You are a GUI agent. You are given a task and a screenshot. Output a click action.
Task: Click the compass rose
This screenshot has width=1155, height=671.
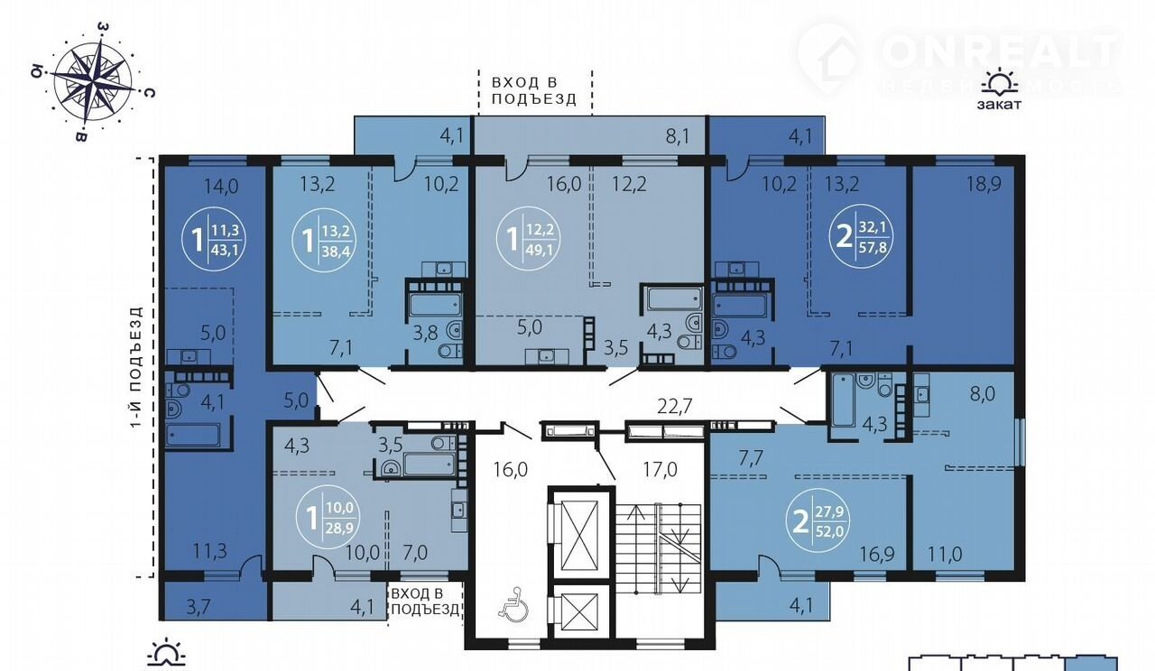point(93,82)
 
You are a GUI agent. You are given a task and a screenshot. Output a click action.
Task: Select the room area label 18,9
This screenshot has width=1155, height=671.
point(984,184)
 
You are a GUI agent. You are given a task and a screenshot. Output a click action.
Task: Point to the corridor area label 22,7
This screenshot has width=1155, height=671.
point(674,406)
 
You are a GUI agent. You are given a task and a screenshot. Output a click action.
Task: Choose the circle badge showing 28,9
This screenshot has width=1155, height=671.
point(328,517)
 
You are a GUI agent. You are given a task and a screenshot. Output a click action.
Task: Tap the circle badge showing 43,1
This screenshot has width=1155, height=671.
point(214,239)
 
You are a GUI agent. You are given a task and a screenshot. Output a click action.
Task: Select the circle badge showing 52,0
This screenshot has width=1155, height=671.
point(818,522)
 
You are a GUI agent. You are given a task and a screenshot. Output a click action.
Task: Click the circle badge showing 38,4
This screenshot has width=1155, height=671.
point(324,240)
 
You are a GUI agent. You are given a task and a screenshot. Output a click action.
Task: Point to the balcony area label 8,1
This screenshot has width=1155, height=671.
point(677,137)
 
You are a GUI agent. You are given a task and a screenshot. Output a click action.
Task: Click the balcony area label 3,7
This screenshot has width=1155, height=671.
point(199,607)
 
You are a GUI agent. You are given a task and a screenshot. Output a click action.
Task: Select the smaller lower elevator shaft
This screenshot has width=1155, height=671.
point(581,612)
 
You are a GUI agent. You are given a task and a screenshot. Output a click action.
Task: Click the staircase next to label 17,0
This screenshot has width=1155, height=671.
point(659,548)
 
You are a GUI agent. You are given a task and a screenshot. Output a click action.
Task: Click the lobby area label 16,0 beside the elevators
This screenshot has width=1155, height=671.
point(511,470)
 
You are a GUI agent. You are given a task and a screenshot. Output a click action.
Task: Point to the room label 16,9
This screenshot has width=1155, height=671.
point(876,554)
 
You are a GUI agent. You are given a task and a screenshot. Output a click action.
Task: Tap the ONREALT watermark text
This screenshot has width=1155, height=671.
point(1000,51)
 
